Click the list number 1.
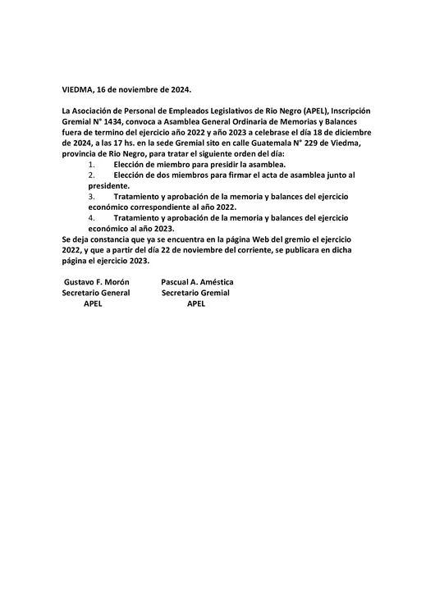[x=90, y=164]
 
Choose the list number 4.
[x=90, y=217]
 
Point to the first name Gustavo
[x=80, y=282]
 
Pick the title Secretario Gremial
[x=196, y=293]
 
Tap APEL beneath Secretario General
[x=94, y=303]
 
